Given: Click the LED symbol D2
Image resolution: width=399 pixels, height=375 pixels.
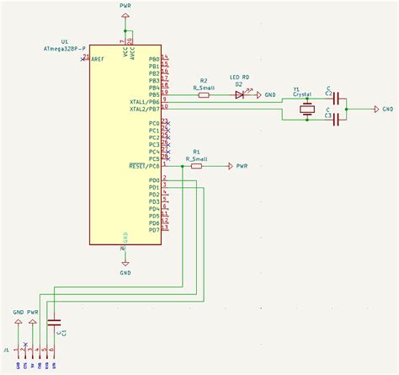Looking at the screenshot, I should point(239,95).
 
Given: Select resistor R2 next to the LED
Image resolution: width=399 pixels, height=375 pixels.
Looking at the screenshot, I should point(204,95).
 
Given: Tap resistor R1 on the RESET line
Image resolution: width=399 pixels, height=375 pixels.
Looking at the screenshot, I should point(196,166).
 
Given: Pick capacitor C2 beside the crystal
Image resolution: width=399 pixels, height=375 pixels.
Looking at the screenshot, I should point(338,99).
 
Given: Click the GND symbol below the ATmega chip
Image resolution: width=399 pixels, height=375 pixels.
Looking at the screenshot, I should point(125,262).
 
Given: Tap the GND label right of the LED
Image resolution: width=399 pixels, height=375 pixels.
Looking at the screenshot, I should point(269,95).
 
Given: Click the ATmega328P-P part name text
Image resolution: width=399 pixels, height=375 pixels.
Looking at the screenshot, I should point(64,48).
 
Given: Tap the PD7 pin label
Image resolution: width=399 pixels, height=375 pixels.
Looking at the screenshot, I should point(153,230).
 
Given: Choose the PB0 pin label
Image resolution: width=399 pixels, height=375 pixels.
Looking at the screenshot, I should point(153,59).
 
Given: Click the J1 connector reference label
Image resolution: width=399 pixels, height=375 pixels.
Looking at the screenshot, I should point(7,349).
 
